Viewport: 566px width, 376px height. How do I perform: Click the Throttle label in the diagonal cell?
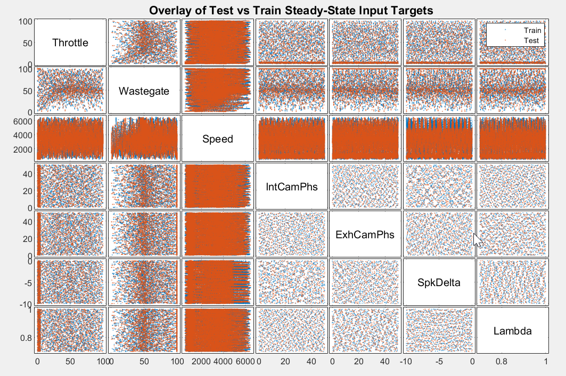point(70,43)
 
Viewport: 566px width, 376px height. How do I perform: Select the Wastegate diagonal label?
point(144,91)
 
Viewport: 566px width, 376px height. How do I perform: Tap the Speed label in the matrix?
point(218,139)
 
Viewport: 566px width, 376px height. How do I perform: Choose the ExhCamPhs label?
point(365,235)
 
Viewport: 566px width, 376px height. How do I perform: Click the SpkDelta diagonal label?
point(439,282)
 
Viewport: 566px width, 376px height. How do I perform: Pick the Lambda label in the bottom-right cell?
point(512,331)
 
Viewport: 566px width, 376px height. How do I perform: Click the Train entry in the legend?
point(532,30)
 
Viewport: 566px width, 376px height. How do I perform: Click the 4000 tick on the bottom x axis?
point(223,362)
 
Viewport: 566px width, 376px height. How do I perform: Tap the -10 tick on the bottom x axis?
point(407,362)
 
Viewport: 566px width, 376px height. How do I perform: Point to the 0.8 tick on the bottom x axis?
point(501,362)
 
